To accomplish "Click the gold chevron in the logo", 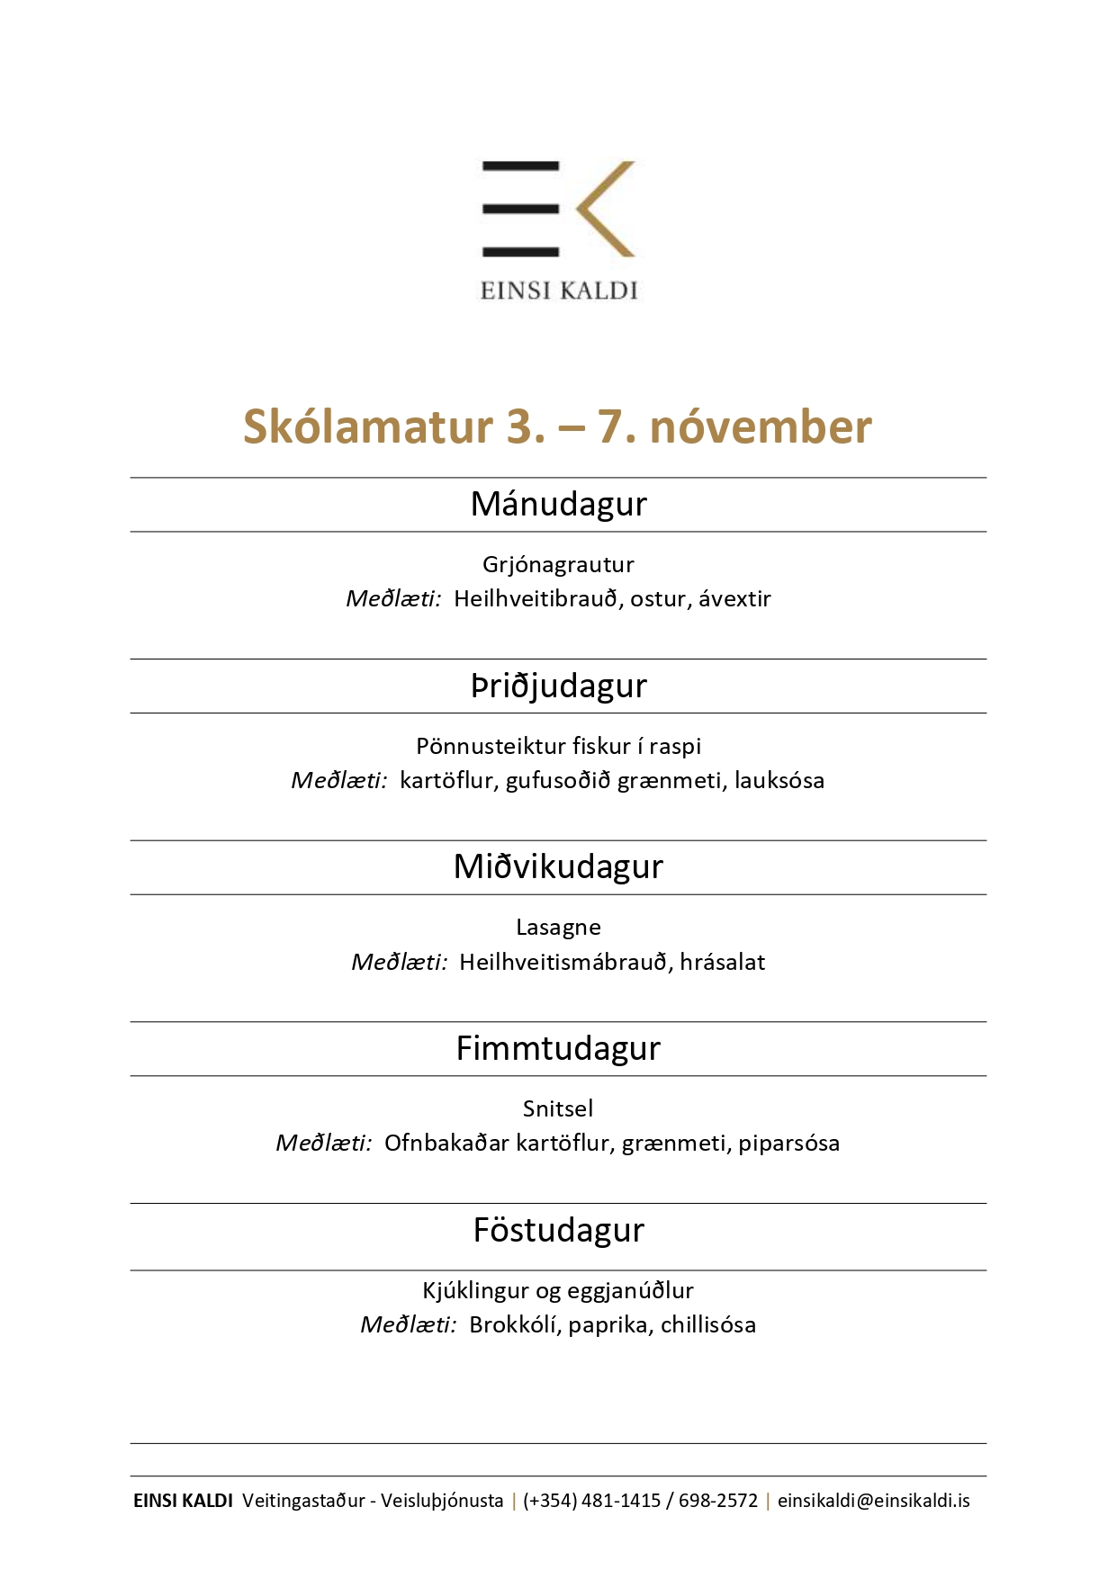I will click(601, 209).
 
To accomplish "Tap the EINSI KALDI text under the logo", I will click(558, 291).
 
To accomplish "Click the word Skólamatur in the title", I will click(368, 426).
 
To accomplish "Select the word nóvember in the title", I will click(761, 426).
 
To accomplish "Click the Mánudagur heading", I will click(558, 504).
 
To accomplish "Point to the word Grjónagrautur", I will click(558, 564).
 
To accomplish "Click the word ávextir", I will click(734, 598).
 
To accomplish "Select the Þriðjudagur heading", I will click(558, 686).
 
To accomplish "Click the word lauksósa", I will click(779, 780).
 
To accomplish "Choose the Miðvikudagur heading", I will click(558, 866).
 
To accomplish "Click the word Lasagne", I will click(558, 927).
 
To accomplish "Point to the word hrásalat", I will click(722, 962).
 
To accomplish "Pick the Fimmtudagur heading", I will click(558, 1048).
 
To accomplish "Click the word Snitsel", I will click(558, 1108).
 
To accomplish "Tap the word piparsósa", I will click(788, 1143).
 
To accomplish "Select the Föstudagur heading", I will click(558, 1230).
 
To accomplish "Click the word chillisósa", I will click(707, 1324).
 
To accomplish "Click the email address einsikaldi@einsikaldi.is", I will click(873, 1501).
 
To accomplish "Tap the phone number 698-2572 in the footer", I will click(718, 1501).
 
